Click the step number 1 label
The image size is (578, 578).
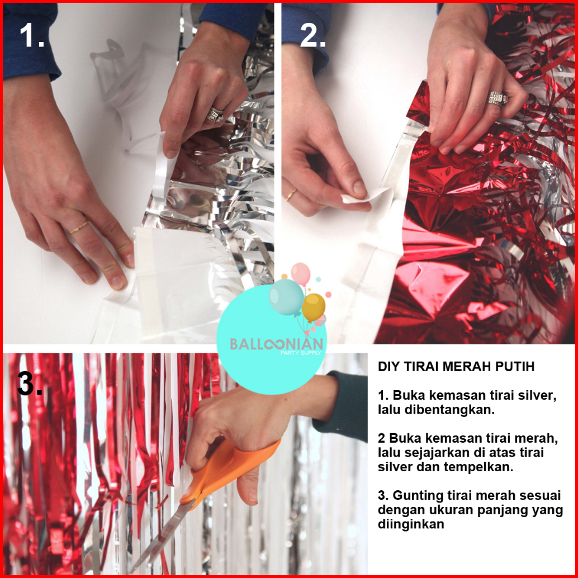coord(32,35)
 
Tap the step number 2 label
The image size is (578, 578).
coord(312,35)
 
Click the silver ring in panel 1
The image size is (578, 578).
coord(215,115)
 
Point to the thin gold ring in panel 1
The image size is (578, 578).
coord(78,228)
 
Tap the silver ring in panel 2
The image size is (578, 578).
coord(498,98)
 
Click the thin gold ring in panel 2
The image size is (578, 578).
coord(291,195)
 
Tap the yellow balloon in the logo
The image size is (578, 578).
coord(314,307)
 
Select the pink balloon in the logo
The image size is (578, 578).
coord(300,273)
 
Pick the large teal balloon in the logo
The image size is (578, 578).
coord(286,297)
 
